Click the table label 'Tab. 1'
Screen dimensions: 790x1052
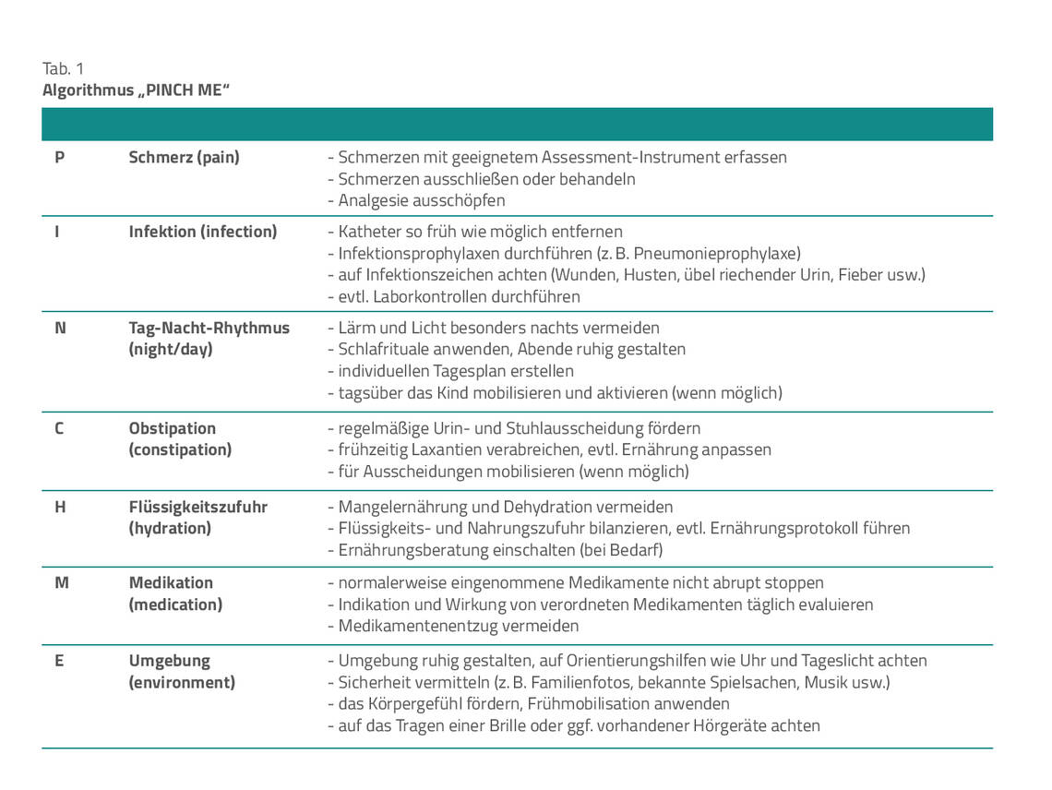(x=63, y=69)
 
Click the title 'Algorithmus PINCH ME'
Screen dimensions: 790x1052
(x=136, y=90)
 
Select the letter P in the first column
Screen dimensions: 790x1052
(x=60, y=157)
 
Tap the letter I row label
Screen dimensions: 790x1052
(x=57, y=232)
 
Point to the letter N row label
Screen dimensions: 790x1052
(x=61, y=328)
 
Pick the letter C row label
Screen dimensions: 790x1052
(x=59, y=428)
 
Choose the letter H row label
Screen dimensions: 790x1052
(x=61, y=507)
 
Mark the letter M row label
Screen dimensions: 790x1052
(x=62, y=582)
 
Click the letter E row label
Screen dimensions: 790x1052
(x=60, y=661)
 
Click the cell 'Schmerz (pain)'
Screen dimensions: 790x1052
(x=184, y=157)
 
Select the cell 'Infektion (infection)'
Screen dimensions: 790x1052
(x=203, y=232)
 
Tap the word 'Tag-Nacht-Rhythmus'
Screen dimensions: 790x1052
(x=209, y=328)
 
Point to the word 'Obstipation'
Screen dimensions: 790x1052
(x=173, y=428)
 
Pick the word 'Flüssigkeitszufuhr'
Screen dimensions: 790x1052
(x=198, y=507)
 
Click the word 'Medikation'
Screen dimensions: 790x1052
(x=171, y=582)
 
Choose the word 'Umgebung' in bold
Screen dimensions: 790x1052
(x=170, y=661)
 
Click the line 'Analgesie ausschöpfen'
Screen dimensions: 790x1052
(x=416, y=200)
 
